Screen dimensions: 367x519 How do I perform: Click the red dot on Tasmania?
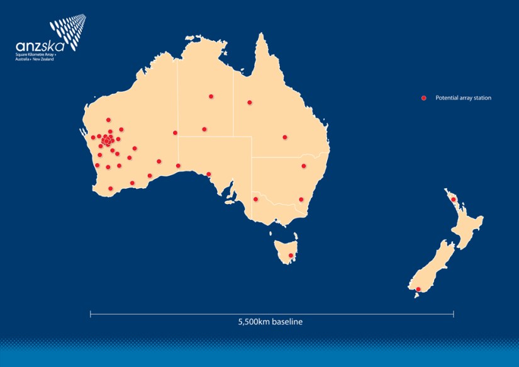tap(290, 255)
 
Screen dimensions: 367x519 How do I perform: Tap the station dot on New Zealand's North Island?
tap(453, 200)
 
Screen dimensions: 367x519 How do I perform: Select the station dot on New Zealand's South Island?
tap(418, 289)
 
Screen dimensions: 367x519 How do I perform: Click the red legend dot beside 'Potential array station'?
tap(424, 98)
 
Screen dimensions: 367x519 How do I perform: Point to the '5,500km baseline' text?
tap(271, 322)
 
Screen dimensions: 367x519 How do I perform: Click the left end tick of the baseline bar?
tap(91, 313)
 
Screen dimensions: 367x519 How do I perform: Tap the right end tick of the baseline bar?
tap(453, 313)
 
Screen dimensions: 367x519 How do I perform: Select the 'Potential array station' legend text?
tap(463, 98)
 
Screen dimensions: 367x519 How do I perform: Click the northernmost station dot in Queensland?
tap(249, 102)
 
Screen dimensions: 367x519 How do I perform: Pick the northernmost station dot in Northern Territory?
tap(211, 96)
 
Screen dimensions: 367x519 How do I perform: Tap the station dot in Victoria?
tap(255, 199)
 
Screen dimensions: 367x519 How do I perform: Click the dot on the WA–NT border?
tap(175, 132)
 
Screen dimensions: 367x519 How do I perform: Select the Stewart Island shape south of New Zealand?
tap(416, 295)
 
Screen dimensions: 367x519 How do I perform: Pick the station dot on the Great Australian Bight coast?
tap(208, 174)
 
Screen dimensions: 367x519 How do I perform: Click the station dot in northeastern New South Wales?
tap(303, 166)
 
